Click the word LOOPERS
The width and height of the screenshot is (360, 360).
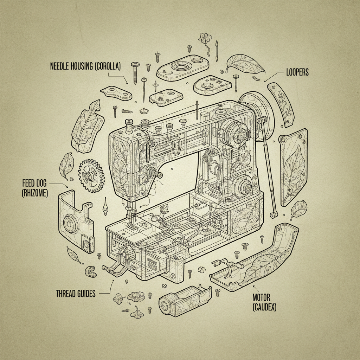click(x=298, y=72)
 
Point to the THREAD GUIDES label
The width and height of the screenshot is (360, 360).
click(x=76, y=294)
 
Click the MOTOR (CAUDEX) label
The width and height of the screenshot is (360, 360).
click(x=264, y=302)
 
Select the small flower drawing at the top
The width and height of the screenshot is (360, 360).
click(x=204, y=38)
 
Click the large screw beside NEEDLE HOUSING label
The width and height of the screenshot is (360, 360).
click(x=135, y=72)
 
